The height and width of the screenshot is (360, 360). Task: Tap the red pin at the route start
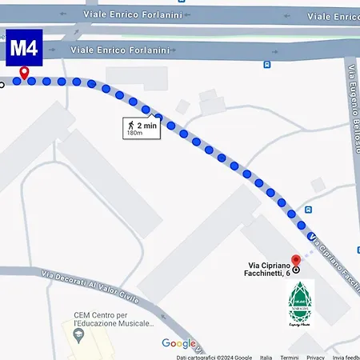click(24, 73)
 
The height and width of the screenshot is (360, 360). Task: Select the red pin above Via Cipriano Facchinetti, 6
click(295, 261)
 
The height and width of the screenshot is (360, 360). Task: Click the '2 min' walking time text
click(146, 126)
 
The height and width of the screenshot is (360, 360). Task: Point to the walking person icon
click(128, 126)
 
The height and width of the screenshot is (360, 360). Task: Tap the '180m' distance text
click(134, 134)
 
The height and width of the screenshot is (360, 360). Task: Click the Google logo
click(178, 344)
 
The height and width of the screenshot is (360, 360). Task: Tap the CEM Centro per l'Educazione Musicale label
click(114, 320)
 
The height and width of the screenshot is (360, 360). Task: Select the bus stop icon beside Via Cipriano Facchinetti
click(308, 210)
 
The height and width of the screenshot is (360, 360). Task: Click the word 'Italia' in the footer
click(266, 357)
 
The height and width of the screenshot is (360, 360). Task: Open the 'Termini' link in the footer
click(289, 357)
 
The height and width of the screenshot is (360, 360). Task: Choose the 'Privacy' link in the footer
click(315, 357)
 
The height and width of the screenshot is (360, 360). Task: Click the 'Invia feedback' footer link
click(346, 357)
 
